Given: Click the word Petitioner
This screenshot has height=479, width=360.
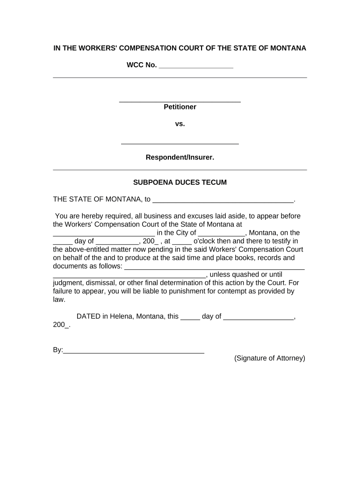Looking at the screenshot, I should click(180, 107).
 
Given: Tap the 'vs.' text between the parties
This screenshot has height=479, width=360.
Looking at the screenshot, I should click(180, 124).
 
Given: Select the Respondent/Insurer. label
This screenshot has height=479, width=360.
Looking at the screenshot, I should click(180, 158).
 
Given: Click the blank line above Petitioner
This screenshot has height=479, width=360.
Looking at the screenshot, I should click(180, 101).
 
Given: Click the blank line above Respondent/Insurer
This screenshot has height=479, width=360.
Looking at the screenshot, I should click(180, 143).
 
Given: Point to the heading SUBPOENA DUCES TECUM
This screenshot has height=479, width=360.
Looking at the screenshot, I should click(180, 182).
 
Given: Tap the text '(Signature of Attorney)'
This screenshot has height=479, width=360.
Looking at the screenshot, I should click(270, 358).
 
